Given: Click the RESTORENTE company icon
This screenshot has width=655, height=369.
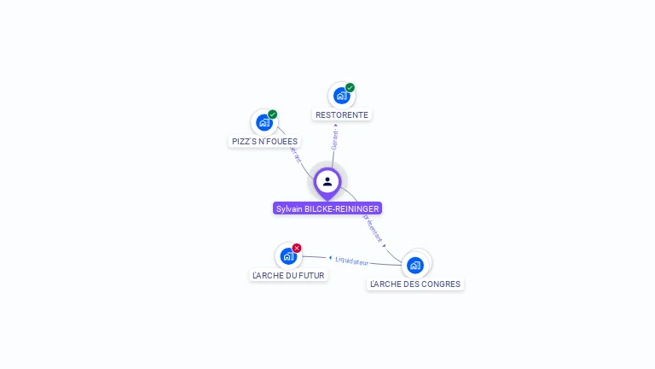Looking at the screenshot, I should point(342,96).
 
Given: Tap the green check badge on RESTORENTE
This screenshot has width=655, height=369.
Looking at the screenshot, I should point(350,87).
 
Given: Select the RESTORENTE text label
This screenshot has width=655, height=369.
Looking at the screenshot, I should point(342,114).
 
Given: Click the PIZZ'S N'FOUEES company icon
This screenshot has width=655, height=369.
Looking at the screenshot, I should point(264,122).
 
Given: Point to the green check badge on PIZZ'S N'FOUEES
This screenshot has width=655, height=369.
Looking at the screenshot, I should point(272,114).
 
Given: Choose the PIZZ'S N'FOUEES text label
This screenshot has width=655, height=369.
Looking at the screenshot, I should point(264,141).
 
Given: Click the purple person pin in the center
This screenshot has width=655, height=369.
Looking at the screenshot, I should point(327,182).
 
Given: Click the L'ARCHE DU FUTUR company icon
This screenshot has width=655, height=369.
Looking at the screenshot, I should point(288,255).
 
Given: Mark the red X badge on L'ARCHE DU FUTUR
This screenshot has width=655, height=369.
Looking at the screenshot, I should point(297,248).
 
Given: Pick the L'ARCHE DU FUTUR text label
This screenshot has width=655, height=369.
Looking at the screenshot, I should point(288,275).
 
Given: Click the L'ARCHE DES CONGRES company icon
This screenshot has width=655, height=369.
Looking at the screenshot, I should point(415,264).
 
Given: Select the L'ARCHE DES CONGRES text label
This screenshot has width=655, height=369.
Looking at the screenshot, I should point(415,284).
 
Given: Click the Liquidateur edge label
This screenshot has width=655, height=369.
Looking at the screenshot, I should point(351,260).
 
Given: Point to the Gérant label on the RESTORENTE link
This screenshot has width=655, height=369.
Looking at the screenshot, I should point(335,140).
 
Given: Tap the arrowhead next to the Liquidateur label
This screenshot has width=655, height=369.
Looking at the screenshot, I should point(330,257).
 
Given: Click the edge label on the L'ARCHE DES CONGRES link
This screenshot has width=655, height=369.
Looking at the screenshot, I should point(373,227).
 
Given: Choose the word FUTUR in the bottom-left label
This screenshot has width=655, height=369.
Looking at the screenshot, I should point(310,275).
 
